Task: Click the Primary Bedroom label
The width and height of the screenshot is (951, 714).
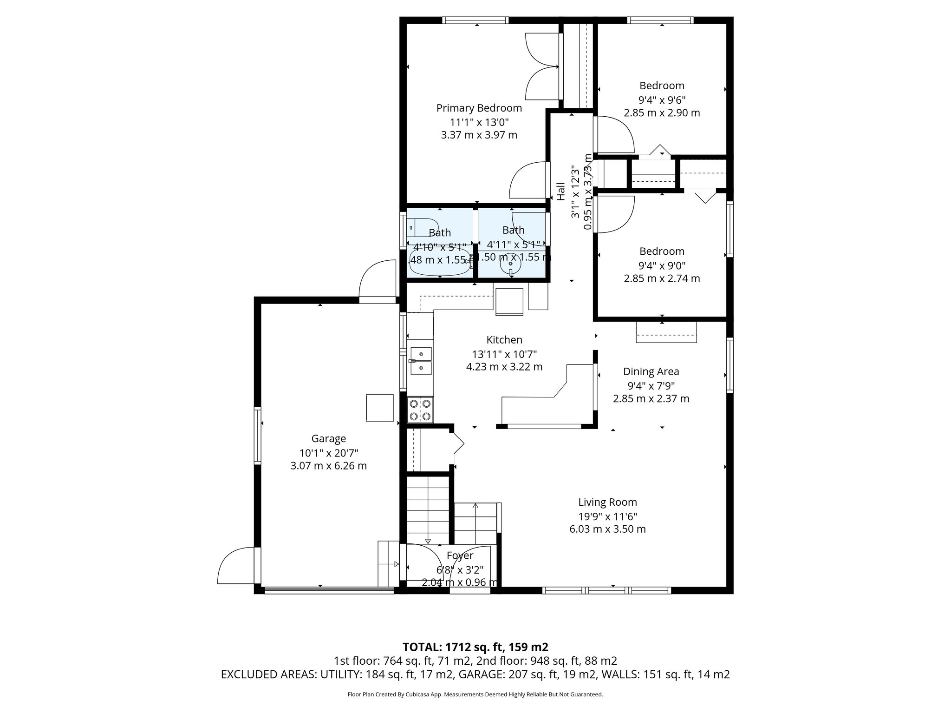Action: tap(479, 108)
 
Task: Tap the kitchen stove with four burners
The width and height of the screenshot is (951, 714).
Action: tap(420, 410)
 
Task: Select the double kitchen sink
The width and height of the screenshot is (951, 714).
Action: tap(421, 361)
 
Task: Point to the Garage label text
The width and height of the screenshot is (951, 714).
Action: tap(328, 438)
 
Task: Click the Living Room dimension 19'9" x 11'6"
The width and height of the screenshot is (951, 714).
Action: tap(607, 516)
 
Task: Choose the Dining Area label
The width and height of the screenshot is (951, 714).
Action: tap(651, 371)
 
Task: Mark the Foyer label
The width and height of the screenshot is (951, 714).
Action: tap(460, 555)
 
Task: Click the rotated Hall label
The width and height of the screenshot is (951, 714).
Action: tap(561, 191)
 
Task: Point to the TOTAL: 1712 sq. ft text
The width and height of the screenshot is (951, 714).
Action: tap(475, 647)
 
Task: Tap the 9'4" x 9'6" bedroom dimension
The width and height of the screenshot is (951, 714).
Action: tap(662, 99)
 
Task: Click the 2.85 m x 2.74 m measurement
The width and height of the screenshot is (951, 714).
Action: tap(662, 278)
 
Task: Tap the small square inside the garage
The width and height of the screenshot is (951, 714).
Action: tap(379, 408)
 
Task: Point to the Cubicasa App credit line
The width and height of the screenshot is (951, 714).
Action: tap(475, 694)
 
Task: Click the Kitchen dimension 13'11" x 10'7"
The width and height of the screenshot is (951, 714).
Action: tap(504, 354)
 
